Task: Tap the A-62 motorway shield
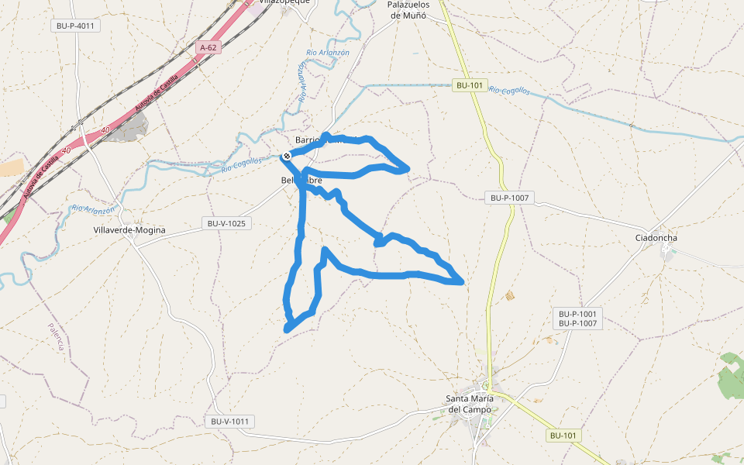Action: click(x=208, y=47)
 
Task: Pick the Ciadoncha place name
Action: click(x=656, y=237)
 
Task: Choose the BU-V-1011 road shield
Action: click(x=231, y=422)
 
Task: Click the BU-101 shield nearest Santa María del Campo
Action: click(x=563, y=436)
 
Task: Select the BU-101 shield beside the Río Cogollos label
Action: click(x=470, y=86)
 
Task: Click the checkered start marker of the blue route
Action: click(x=287, y=157)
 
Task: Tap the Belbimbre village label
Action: click(x=301, y=181)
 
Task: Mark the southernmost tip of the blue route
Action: click(x=287, y=329)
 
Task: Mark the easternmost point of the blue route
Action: click(x=463, y=283)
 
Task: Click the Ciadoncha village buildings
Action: click(x=666, y=250)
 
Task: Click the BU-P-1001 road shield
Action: click(x=577, y=313)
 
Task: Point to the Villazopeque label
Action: click(x=284, y=2)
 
